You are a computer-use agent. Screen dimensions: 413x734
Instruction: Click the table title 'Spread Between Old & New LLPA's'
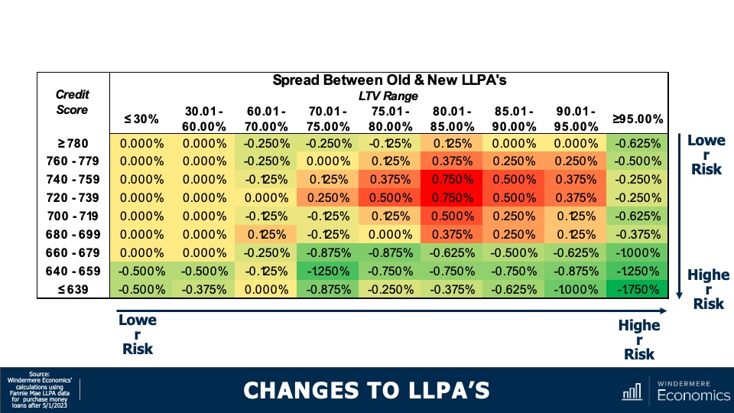tap(389, 80)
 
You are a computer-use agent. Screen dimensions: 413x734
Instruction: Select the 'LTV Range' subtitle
tap(389, 96)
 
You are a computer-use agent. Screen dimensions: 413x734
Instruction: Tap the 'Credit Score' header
tap(73, 102)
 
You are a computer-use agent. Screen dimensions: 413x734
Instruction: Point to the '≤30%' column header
tap(141, 119)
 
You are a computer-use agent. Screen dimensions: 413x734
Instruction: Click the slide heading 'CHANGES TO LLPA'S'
tap(366, 391)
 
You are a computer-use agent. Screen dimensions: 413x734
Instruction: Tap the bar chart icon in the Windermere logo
tap(632, 392)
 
